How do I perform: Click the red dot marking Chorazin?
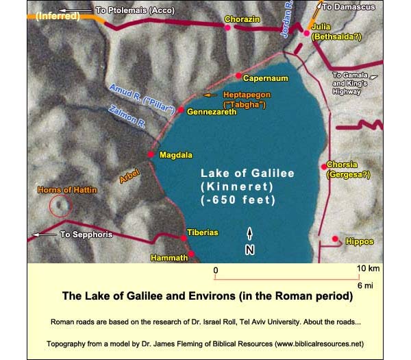tap(227, 27)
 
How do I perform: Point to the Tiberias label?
tap(203, 233)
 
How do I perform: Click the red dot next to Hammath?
tap(192, 255)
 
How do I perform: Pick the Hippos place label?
tap(360, 242)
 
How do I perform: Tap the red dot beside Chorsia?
tap(323, 166)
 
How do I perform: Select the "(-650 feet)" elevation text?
tap(247, 201)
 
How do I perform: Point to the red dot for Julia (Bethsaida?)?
tap(307, 32)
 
